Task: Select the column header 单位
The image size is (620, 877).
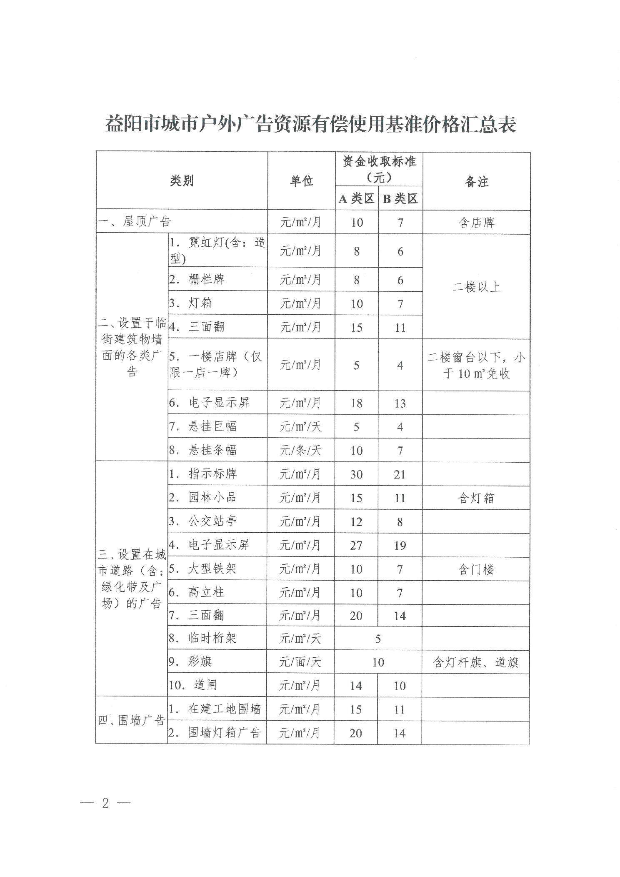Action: pyautogui.click(x=301, y=181)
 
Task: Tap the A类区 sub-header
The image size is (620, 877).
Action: pyautogui.click(x=356, y=199)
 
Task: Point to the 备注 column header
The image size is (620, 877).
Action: pyautogui.click(x=476, y=181)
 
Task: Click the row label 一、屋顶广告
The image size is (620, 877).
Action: pyautogui.click(x=135, y=221)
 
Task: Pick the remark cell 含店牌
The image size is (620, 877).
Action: pyautogui.click(x=476, y=223)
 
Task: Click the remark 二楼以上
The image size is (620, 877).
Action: pyautogui.click(x=476, y=287)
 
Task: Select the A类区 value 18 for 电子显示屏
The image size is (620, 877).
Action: pyautogui.click(x=356, y=403)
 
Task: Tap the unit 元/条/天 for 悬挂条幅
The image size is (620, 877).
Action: pyautogui.click(x=300, y=450)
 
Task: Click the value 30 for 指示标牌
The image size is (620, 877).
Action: pyautogui.click(x=356, y=474)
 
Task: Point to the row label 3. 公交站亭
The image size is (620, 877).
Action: pyautogui.click(x=202, y=521)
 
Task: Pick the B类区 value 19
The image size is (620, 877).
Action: pyautogui.click(x=400, y=545)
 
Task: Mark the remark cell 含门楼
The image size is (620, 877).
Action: pyautogui.click(x=476, y=569)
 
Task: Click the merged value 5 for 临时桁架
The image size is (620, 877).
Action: pyautogui.click(x=377, y=639)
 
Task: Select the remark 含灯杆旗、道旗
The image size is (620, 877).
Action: pyautogui.click(x=476, y=663)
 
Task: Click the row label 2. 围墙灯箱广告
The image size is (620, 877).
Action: pyautogui.click(x=215, y=733)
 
